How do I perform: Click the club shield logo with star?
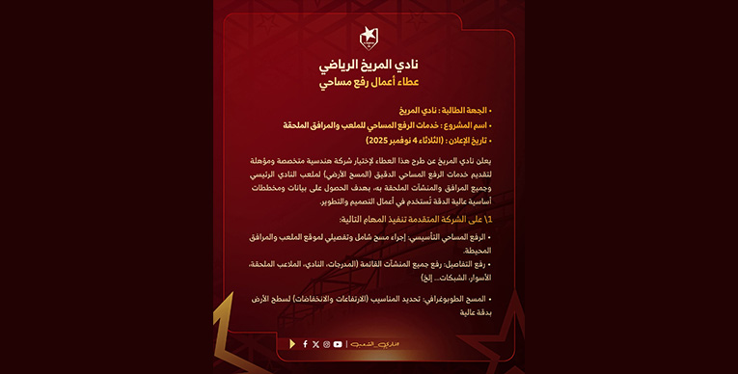pyautogui.click(x=369, y=39)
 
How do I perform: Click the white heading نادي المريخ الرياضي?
pyautogui.click(x=369, y=66)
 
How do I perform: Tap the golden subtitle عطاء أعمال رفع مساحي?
pyautogui.click(x=369, y=84)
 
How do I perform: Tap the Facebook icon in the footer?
pyautogui.click(x=305, y=344)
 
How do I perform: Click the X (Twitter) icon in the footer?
pyautogui.click(x=315, y=344)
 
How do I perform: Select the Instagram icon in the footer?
pyautogui.click(x=326, y=344)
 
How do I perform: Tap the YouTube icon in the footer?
pyautogui.click(x=338, y=344)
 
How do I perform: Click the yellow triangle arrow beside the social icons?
pyautogui.click(x=293, y=344)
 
